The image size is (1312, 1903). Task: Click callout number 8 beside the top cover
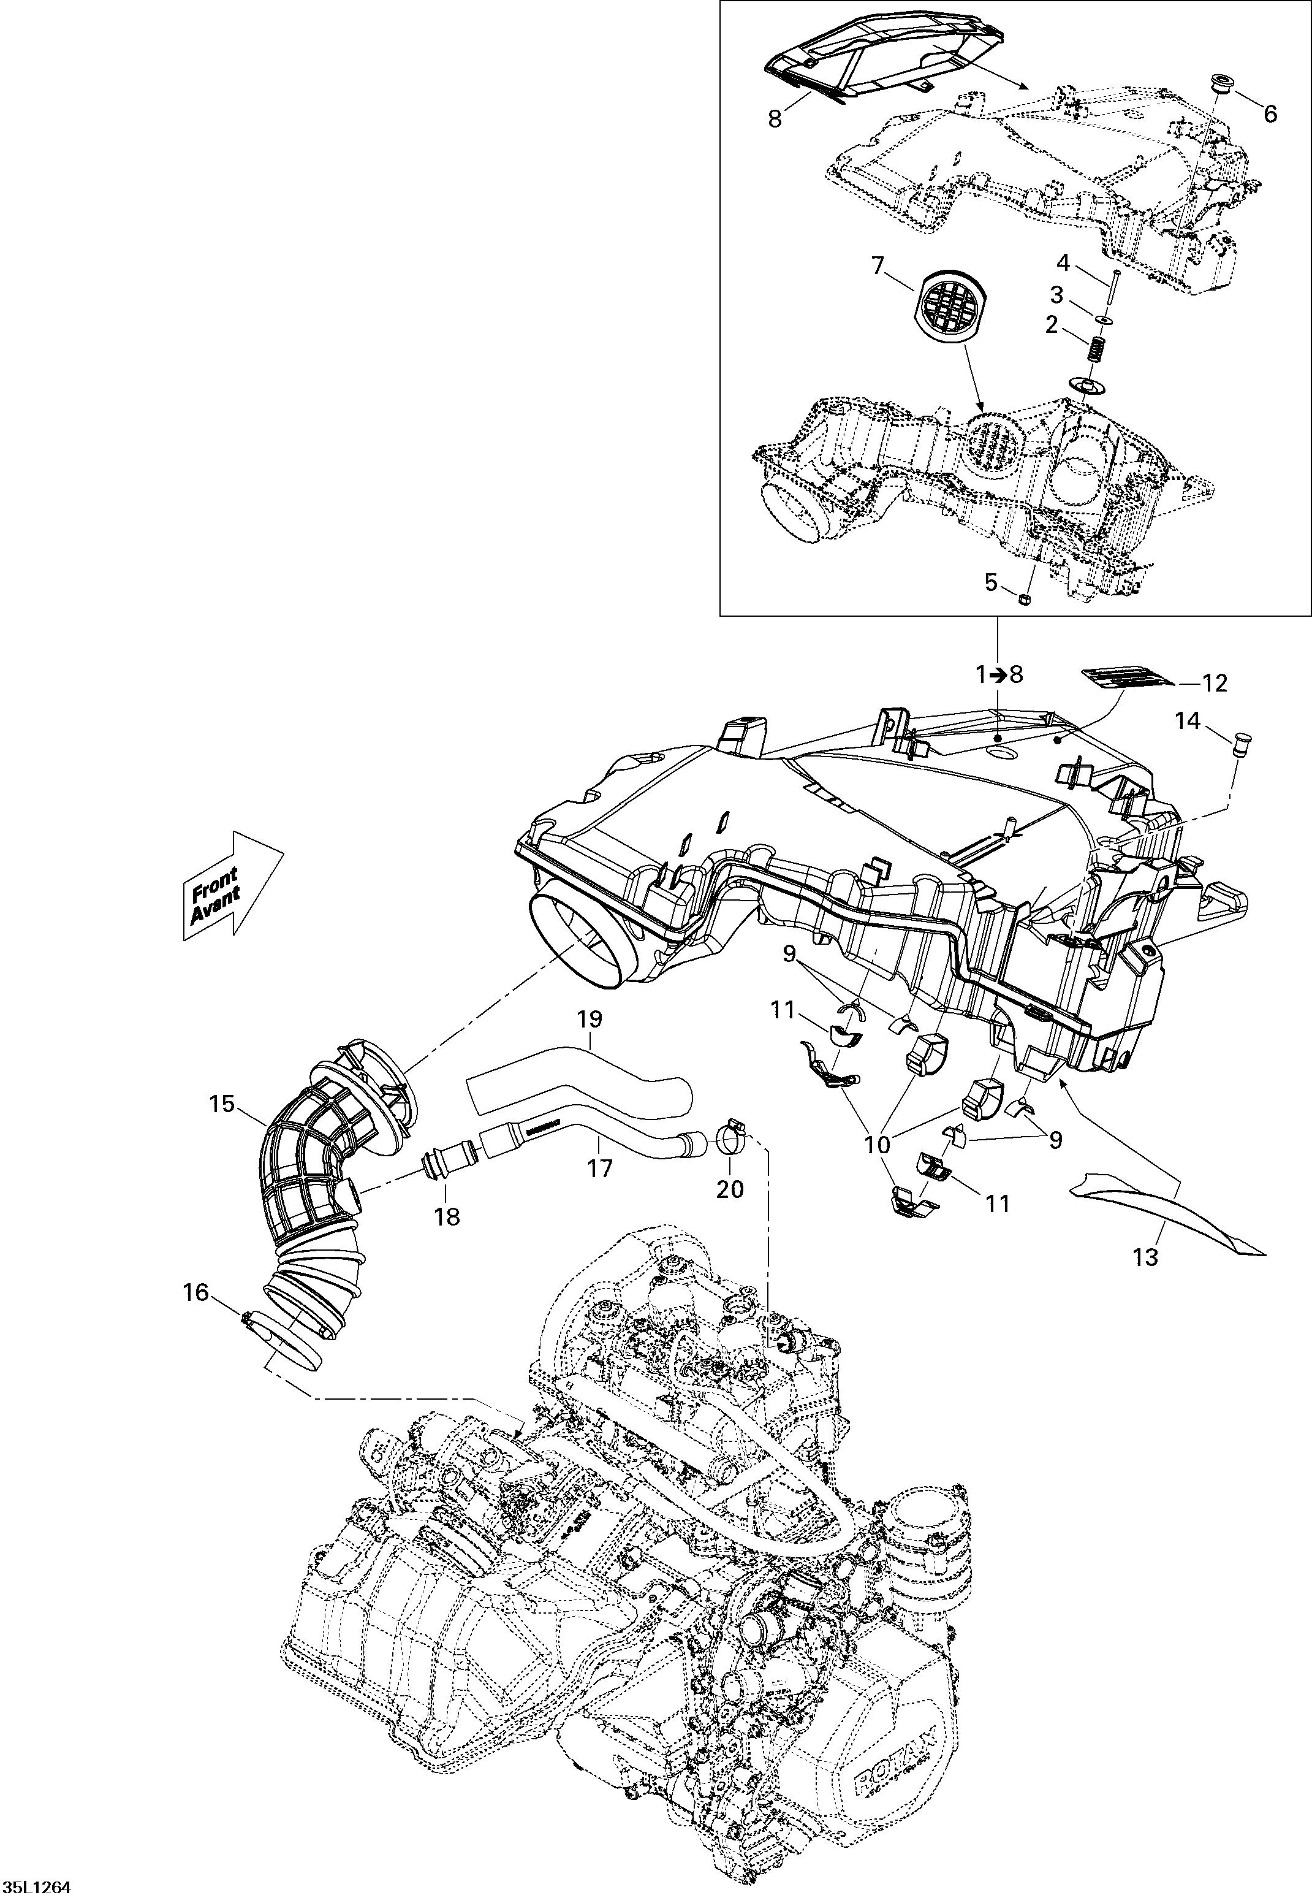coord(775,118)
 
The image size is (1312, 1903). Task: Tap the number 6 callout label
coord(1270,114)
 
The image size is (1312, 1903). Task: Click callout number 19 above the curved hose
coord(590,1019)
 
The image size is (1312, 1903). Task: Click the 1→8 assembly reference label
coord(999,674)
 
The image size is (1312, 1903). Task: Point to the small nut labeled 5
coord(1025,598)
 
